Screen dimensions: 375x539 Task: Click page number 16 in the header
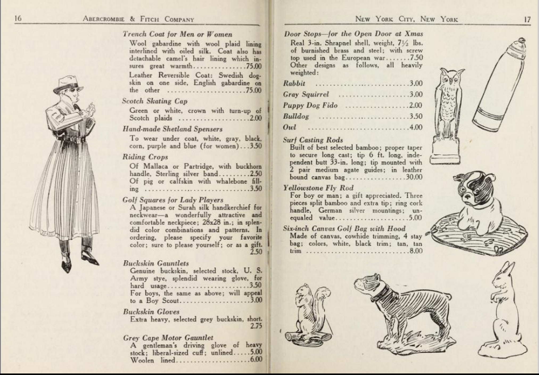pos(18,18)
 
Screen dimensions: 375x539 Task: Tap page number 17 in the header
pos(527,19)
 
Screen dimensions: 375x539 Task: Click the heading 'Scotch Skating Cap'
pos(155,101)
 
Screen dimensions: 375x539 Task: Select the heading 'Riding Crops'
pos(145,157)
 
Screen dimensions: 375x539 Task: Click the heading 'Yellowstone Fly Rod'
pos(318,188)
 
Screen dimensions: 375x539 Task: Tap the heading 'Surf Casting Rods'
pos(313,140)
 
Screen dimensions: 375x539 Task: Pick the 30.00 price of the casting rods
pos(414,177)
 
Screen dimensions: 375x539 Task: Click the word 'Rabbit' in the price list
pos(294,84)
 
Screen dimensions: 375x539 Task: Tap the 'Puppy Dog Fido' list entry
pos(310,105)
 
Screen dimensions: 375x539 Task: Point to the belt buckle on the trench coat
pos(79,140)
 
